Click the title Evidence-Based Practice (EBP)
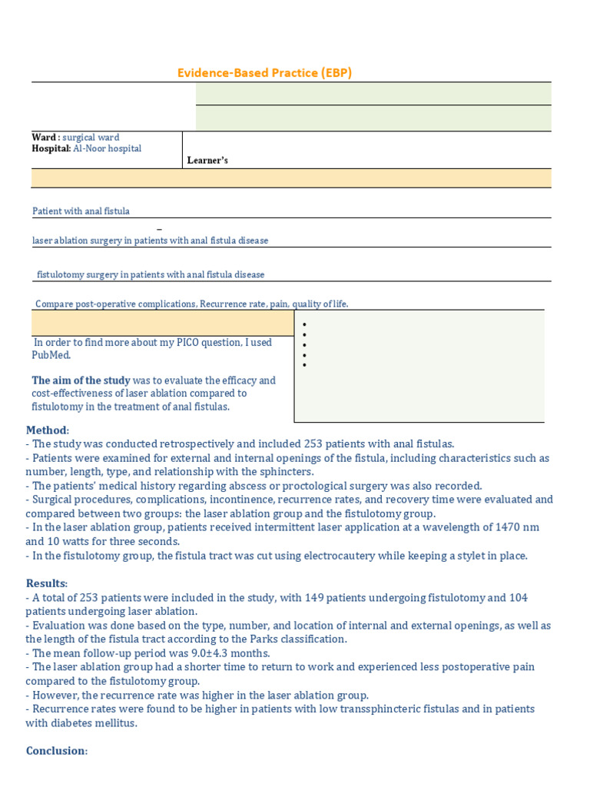click(264, 73)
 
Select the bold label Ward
click(44, 138)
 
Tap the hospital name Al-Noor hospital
click(107, 148)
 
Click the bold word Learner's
click(207, 161)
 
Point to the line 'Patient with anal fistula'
click(81, 211)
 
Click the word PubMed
click(51, 355)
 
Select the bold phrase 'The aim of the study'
click(81, 380)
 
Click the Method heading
click(47, 430)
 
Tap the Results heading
click(46, 583)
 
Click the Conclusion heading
click(56, 751)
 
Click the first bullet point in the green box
click(305, 325)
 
